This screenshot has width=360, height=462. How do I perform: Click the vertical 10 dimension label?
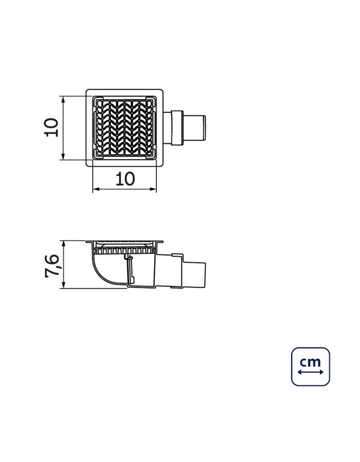51,127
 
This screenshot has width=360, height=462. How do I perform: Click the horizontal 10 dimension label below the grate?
125,179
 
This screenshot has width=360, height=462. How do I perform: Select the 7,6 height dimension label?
52,266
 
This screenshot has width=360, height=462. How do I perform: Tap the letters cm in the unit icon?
310,362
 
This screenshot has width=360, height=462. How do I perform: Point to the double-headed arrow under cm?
311,372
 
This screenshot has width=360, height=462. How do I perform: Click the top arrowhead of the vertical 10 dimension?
63,99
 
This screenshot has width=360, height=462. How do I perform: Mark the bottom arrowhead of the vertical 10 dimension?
63,157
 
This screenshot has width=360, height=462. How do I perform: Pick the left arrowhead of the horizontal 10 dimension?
96,189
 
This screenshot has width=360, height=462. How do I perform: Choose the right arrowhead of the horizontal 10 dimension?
153,189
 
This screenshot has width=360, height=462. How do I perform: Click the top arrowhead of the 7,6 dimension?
63,244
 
